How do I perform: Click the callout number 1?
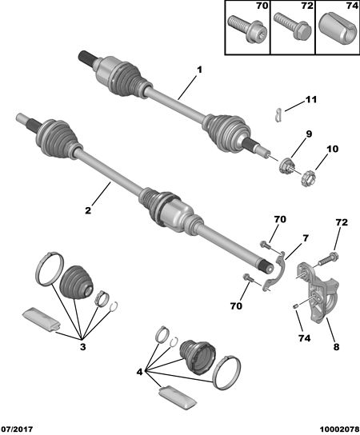pos(199,70)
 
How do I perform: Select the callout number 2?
pos(88,210)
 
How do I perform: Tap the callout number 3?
pos(82,347)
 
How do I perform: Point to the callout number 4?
pos(139,372)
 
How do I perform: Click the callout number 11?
pos(311,100)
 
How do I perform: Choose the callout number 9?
pos(309,134)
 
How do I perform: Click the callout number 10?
pos(333,150)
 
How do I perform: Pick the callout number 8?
pos(336,347)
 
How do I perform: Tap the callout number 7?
pos(306,238)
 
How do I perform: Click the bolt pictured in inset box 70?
pos(247,30)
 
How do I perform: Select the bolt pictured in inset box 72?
pos(292,28)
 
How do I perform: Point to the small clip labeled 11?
pos(278,115)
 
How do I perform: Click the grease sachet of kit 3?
pos(41,319)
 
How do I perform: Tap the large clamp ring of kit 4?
pos(226,373)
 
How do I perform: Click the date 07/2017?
pos(18,429)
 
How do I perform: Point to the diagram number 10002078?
pos(339,429)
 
